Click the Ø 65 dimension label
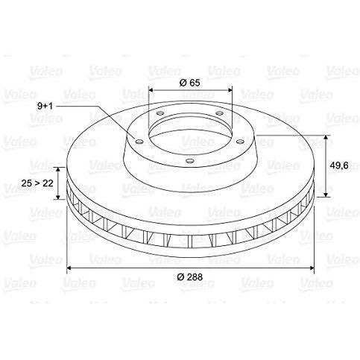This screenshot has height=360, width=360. tap(189, 83)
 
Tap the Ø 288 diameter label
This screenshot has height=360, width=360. tap(190, 277)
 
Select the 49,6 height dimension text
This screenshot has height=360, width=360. tap(339, 165)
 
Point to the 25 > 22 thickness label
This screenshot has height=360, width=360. tap(37, 183)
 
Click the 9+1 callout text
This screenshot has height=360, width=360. tap(45, 107)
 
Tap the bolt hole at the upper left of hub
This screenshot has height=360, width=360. tap(160, 113)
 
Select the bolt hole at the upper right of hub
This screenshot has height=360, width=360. tap(219, 113)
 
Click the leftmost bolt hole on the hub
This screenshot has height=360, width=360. tap(140, 142)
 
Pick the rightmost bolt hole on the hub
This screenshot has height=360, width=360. tap(240, 142)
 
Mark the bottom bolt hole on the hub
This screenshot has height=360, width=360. tap(190, 161)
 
